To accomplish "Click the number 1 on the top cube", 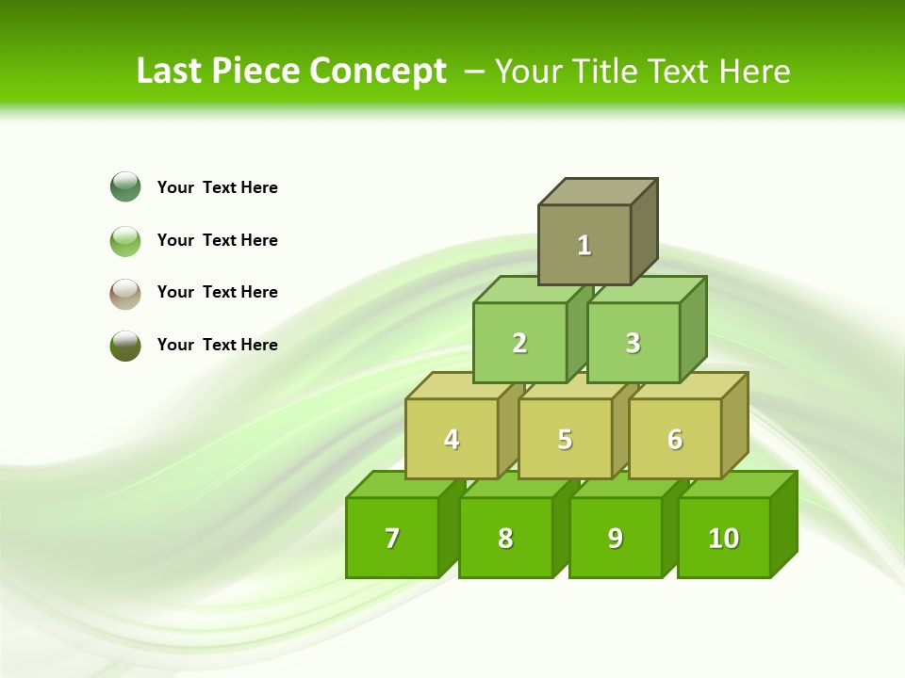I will pyautogui.click(x=584, y=246).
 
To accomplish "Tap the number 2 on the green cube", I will pyautogui.click(x=519, y=344).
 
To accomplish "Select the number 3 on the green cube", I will pyautogui.click(x=633, y=344).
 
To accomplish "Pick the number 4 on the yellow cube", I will pyautogui.click(x=452, y=440).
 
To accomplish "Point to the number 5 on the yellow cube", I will pyautogui.click(x=565, y=440).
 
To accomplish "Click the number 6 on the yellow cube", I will pyautogui.click(x=675, y=440).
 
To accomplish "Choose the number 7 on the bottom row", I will pyautogui.click(x=392, y=539).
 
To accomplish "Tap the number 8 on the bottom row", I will pyautogui.click(x=505, y=539).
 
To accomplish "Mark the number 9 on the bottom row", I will pyautogui.click(x=615, y=539).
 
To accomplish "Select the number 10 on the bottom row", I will pyautogui.click(x=723, y=539).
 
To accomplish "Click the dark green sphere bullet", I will pyautogui.click(x=125, y=186).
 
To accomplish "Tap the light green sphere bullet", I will pyautogui.click(x=125, y=240).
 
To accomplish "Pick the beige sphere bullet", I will pyautogui.click(x=125, y=293).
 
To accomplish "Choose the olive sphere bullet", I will pyautogui.click(x=125, y=345).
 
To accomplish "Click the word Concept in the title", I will pyautogui.click(x=378, y=72).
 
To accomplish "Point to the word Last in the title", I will pyautogui.click(x=172, y=72).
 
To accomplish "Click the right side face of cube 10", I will pyautogui.click(x=784, y=524).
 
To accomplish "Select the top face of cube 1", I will pyautogui.click(x=598, y=192).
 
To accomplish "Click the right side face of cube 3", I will pyautogui.click(x=694, y=329).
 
